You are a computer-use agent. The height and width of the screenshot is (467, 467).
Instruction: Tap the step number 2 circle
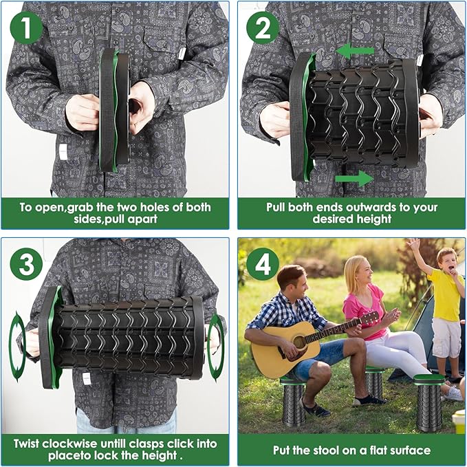[263, 27]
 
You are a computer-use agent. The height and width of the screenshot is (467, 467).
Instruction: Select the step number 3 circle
[26, 263]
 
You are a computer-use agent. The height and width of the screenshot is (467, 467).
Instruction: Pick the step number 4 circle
[263, 263]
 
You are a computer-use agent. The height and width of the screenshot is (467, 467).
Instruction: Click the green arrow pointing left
[355, 50]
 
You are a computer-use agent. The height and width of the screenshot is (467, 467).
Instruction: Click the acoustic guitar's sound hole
[299, 342]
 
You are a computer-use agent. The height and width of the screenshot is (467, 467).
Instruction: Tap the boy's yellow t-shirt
[444, 294]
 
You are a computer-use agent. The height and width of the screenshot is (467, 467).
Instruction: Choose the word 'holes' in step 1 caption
[146, 207]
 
